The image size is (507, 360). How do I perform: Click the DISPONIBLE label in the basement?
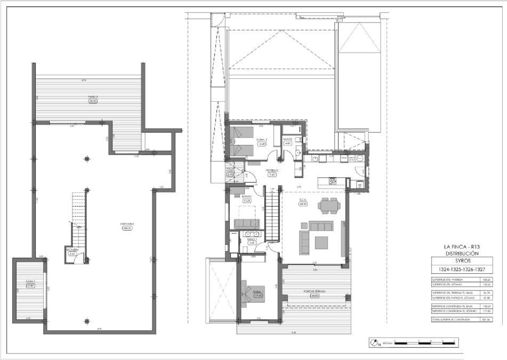[127, 224]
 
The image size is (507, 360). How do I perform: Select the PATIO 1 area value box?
[31, 286]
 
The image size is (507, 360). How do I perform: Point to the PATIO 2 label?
[93, 97]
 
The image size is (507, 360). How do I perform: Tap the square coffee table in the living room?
[321, 242]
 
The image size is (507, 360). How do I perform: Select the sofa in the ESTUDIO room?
[247, 223]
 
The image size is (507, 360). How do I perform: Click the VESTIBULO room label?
[271, 171]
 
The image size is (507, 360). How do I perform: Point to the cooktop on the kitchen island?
[333, 181]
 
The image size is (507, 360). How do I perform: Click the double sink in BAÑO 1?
[251, 234]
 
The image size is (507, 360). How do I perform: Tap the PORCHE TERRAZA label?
[315, 291]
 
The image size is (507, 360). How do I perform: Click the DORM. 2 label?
[262, 140]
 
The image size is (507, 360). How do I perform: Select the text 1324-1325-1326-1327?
[462, 269]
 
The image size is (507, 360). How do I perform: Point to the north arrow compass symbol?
[374, 342]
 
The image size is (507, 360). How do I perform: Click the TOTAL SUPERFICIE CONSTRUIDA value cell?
[486, 319]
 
